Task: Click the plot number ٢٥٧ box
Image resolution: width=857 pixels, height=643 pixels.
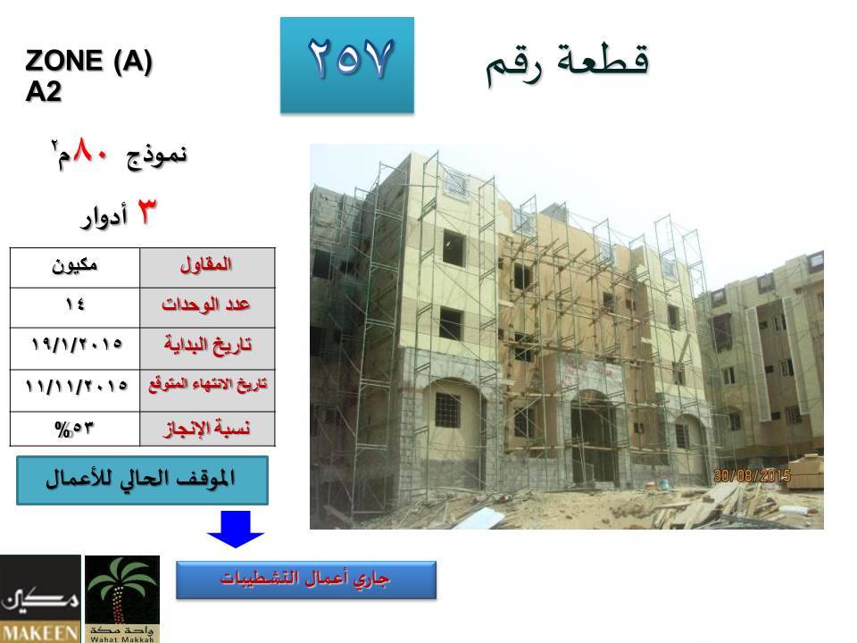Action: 347,65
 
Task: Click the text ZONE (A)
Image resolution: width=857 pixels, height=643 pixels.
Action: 88,60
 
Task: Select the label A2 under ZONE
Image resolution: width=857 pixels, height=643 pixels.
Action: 43,91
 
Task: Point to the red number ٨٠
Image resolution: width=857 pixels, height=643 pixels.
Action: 91,150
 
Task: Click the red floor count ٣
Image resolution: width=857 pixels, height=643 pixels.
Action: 146,211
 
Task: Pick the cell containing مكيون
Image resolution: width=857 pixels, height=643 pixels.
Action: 75,268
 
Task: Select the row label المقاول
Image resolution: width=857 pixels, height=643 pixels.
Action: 206,264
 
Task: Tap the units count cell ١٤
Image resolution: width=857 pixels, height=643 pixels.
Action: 75,308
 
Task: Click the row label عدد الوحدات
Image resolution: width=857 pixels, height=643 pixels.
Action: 206,304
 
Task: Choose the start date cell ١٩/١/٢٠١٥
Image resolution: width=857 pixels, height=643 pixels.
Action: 75,348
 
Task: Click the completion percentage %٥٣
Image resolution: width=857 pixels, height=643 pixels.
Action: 74,429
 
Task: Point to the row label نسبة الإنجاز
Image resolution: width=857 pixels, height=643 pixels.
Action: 207,428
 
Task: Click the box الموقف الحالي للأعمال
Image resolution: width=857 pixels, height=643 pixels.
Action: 142,480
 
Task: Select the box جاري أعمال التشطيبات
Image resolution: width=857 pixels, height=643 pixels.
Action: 306,580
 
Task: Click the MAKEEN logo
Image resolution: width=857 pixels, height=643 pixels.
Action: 40,598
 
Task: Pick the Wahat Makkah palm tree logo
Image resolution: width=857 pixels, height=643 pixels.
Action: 122,598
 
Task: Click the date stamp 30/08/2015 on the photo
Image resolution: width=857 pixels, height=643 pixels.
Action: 752,475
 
